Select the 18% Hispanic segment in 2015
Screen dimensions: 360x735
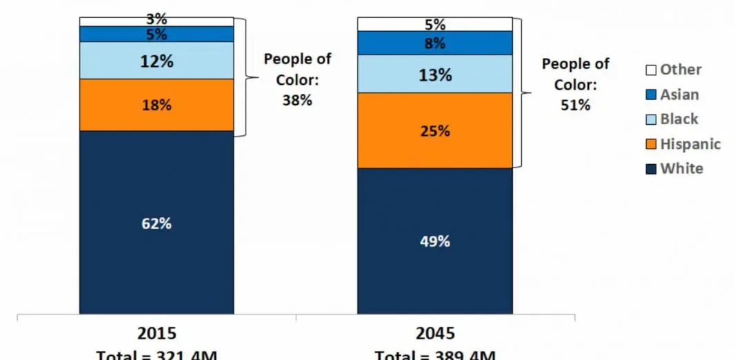157,105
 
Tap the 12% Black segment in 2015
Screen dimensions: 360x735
157,61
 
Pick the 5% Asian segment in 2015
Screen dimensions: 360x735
157,34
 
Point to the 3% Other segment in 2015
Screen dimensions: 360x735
157,21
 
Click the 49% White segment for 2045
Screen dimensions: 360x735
434,241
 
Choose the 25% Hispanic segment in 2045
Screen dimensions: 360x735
434,130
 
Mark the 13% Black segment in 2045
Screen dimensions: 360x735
434,74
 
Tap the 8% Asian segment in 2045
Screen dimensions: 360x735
434,43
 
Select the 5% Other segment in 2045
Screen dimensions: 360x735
434,24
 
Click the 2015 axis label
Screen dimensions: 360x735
157,334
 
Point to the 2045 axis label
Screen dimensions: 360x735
435,334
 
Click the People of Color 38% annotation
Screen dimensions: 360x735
297,79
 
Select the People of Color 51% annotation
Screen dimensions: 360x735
575,84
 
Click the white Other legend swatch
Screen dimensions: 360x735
650,70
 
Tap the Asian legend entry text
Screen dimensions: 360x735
679,94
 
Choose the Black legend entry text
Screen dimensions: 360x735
679,119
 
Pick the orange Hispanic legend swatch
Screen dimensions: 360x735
650,145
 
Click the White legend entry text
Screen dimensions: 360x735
681,169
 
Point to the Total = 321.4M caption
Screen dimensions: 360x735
157,354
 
